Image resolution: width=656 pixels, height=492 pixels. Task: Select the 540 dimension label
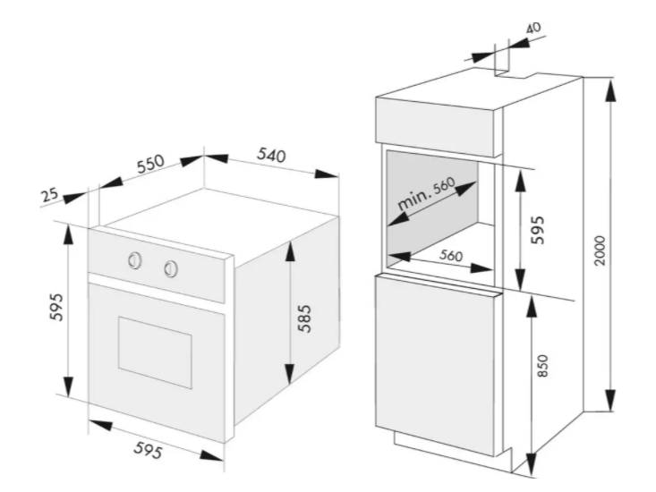tap(271, 155)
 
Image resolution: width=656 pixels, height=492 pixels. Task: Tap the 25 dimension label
tap(50, 195)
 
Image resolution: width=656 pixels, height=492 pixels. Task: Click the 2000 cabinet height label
tap(600, 250)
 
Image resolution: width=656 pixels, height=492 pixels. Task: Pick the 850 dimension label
tap(541, 366)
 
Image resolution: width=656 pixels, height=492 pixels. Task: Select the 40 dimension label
tap(533, 28)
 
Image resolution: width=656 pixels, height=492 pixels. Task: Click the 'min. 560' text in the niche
tap(425, 194)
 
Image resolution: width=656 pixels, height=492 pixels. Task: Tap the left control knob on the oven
tap(135, 260)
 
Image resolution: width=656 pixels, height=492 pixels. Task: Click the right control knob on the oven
tap(171, 268)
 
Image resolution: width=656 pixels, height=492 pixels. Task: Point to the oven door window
tap(155, 352)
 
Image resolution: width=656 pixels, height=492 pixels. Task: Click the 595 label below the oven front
tap(148, 451)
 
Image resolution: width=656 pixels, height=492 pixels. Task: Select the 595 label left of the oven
tap(56, 307)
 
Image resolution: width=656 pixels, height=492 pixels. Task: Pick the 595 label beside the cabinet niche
tap(537, 230)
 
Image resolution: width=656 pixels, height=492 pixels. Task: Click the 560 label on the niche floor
tap(451, 256)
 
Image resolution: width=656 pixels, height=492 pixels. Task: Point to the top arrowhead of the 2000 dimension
tap(611, 90)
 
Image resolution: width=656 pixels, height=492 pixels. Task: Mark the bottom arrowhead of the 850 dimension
tap(531, 464)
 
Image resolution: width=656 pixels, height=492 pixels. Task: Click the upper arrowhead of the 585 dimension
tap(289, 253)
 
